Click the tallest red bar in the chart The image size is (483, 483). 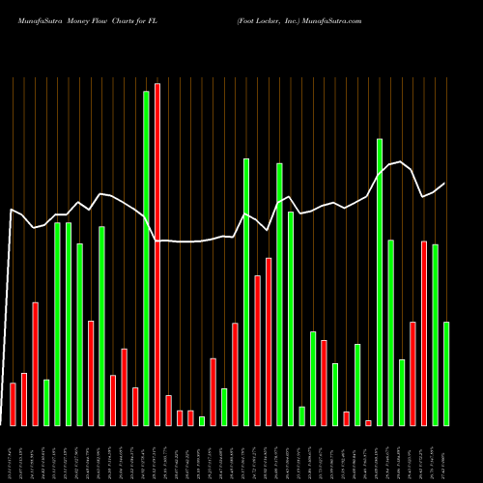pyautogui.click(x=157, y=254)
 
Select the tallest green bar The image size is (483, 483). pyautogui.click(x=146, y=258)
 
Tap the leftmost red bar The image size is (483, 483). pyautogui.click(x=14, y=404)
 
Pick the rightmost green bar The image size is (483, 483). pyautogui.click(x=446, y=373)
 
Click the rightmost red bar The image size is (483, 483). pyautogui.click(x=424, y=332)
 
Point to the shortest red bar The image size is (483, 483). pyautogui.click(x=368, y=422)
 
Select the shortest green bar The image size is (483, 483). pyautogui.click(x=202, y=420)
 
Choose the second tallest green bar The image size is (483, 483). pyautogui.click(x=380, y=281)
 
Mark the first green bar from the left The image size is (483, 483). pyautogui.click(x=46, y=402)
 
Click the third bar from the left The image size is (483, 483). pyautogui.click(x=36, y=363)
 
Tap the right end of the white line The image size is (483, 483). pyautogui.click(x=445, y=183)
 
